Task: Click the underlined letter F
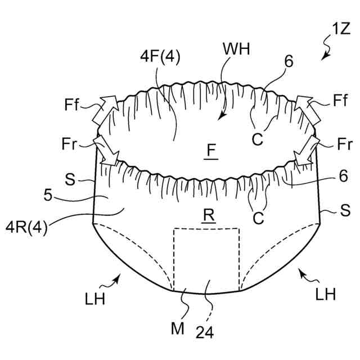210,151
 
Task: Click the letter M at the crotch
177,328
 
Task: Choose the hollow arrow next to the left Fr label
104,150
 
